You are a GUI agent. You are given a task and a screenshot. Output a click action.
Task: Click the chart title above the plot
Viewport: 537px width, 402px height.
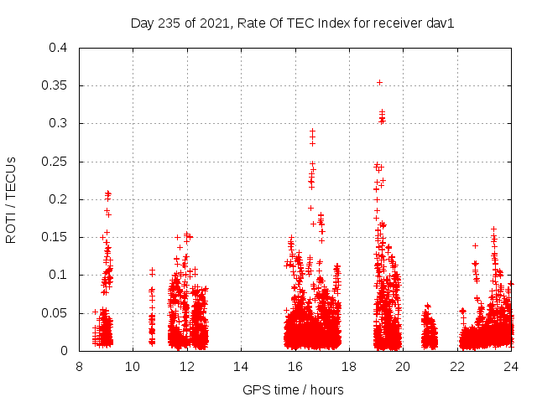(x=292, y=23)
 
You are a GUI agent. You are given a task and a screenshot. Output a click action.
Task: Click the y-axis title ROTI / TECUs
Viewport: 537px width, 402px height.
(x=12, y=199)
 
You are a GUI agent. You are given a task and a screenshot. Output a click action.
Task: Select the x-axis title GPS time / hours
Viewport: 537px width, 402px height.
(x=293, y=389)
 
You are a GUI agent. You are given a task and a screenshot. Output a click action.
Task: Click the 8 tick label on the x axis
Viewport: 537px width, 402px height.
(x=79, y=366)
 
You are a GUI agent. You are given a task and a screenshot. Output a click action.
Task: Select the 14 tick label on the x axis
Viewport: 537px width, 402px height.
(x=241, y=366)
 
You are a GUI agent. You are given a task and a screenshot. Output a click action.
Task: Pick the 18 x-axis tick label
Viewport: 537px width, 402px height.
(x=349, y=366)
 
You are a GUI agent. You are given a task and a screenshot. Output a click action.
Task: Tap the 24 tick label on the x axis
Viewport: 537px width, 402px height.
(x=511, y=366)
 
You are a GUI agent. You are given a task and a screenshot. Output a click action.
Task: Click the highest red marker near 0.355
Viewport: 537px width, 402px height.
(x=379, y=82)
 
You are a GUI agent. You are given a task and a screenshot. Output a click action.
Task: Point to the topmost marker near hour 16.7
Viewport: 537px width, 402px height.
(x=313, y=131)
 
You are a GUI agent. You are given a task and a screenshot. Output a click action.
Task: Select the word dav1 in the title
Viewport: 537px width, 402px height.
(x=440, y=23)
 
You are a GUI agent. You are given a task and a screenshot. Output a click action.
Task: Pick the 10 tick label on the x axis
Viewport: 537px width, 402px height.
(x=133, y=366)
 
